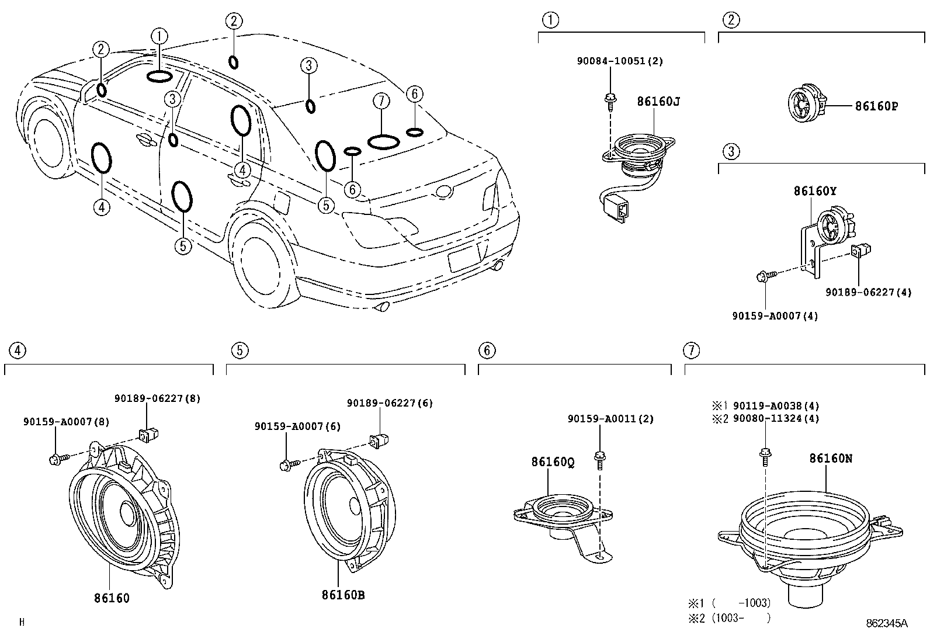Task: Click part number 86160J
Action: click(x=658, y=101)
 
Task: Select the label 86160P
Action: click(x=876, y=106)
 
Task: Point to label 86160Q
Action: click(x=552, y=462)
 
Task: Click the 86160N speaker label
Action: click(x=830, y=459)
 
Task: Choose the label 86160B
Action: click(x=343, y=595)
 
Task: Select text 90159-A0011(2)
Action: click(x=610, y=418)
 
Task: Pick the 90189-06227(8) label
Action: click(x=157, y=398)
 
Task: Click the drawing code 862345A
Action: click(x=886, y=623)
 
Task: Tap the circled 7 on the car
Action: click(x=381, y=101)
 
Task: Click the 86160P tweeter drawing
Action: click(x=807, y=105)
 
